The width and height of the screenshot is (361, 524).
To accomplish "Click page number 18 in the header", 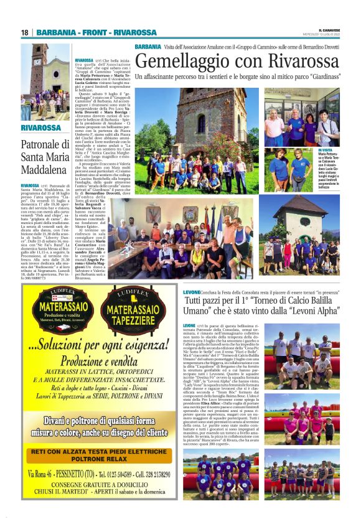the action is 25,32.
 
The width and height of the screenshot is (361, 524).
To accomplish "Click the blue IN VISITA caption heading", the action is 326,150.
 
